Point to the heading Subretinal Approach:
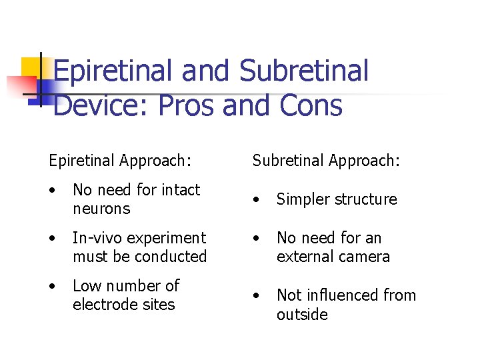(326, 161)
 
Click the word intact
(178, 190)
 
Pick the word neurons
(101, 209)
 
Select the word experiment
(168, 238)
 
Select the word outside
(302, 314)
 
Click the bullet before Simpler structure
(257, 199)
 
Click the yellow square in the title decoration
(31, 69)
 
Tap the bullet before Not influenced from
(257, 295)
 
